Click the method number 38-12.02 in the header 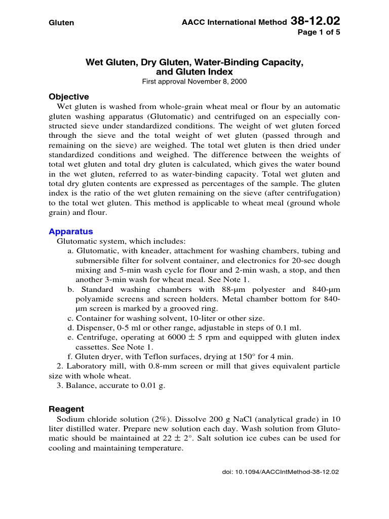coord(316,21)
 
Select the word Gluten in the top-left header coord(61,23)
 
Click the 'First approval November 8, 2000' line coord(194,82)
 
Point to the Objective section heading coord(68,97)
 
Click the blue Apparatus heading coord(71,232)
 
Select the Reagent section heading coord(66,409)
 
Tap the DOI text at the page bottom coord(281,471)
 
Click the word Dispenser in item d coord(92,328)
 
